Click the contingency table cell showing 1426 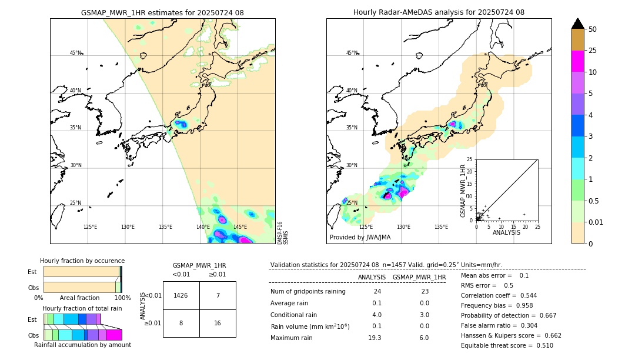tap(181, 295)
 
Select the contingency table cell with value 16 tap(218, 323)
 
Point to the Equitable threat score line tap(507, 345)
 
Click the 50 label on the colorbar tap(593, 29)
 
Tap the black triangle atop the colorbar tap(578, 24)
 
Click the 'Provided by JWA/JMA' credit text tap(360, 238)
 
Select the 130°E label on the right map tap(403, 227)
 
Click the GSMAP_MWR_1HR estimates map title tap(162, 12)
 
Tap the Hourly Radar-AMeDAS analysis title tap(439, 12)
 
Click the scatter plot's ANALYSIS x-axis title tap(506, 233)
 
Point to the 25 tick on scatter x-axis tap(537, 226)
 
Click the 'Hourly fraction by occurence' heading tap(82, 261)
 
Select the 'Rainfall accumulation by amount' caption tap(82, 345)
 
